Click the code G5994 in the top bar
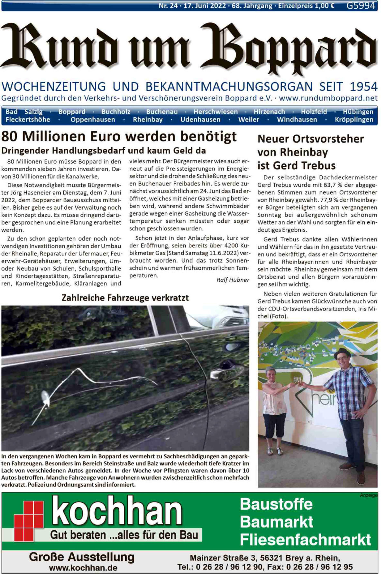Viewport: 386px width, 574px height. tap(361, 5)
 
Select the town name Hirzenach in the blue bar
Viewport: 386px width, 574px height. tap(269, 112)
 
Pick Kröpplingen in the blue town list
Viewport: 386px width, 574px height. tap(354, 120)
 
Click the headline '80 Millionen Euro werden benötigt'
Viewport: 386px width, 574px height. tap(119, 137)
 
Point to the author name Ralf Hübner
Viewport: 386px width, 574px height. tap(233, 280)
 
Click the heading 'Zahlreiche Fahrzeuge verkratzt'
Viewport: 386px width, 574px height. tap(125, 298)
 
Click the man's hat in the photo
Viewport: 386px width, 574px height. tap(343, 352)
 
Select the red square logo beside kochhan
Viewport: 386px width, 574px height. tap(29, 520)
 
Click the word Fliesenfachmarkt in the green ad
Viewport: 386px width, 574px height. tap(305, 540)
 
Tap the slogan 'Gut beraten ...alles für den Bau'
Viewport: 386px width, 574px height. tap(124, 535)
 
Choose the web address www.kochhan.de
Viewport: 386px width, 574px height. tap(83, 568)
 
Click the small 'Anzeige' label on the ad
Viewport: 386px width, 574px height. tap(369, 496)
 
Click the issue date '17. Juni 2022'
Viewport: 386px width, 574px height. tap(205, 5)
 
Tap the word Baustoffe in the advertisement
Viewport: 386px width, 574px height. tap(276, 504)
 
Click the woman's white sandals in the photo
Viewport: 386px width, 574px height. tap(274, 451)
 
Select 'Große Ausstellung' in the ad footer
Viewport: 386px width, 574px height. tap(82, 557)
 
